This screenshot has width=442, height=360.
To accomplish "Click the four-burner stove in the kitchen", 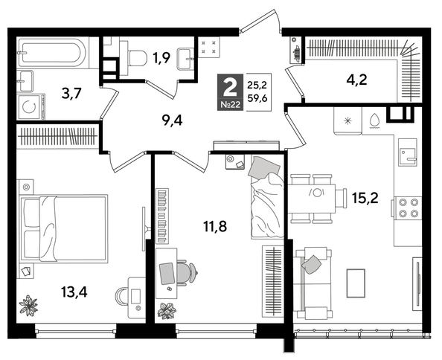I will (x=408, y=206).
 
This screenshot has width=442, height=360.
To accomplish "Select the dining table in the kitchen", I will (x=318, y=199).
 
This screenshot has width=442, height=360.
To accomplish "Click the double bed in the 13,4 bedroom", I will (x=63, y=225).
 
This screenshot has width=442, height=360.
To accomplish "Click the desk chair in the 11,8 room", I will (x=187, y=273).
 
